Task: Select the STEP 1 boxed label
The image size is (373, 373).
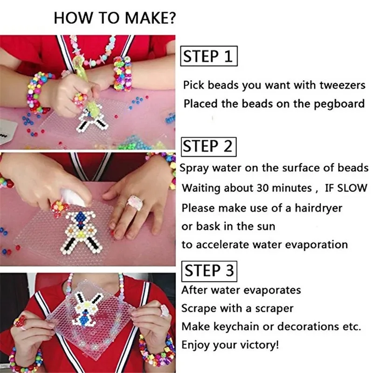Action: (209, 56)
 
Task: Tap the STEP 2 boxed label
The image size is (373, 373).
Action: (208, 146)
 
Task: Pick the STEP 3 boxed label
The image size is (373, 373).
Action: (209, 271)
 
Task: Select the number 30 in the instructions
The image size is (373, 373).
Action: (263, 188)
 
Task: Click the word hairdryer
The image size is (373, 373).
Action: (318, 208)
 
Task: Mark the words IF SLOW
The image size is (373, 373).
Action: (346, 188)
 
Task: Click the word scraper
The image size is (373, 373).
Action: (274, 309)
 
